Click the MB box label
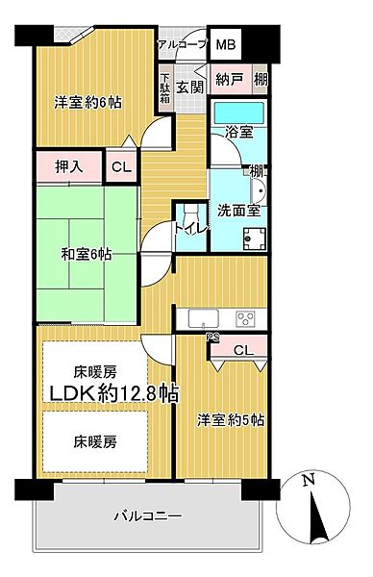[227, 45]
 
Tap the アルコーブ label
[182, 45]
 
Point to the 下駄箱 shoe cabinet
[165, 93]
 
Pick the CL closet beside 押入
[121, 166]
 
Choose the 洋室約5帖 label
[232, 420]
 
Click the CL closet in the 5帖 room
[242, 351]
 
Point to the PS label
[212, 336]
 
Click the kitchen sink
[205, 318]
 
